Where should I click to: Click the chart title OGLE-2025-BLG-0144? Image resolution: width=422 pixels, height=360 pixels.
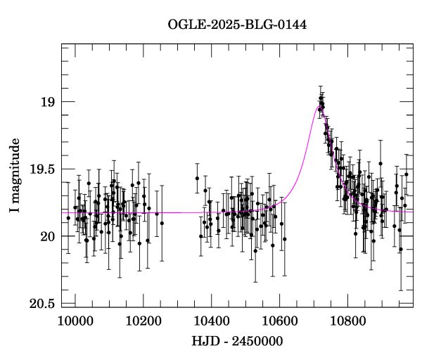[x=237, y=25]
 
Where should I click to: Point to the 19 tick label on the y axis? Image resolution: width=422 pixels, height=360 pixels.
[x=48, y=103]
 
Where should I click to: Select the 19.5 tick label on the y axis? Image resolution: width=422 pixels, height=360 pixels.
[x=42, y=169]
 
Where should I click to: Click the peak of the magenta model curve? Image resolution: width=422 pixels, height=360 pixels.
[x=318, y=105]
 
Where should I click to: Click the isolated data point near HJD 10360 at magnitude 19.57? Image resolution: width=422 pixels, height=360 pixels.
[x=198, y=178]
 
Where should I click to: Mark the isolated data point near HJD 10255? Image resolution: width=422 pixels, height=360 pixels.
[x=162, y=223]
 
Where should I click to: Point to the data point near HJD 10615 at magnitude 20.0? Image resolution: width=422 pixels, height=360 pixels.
[x=285, y=239]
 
